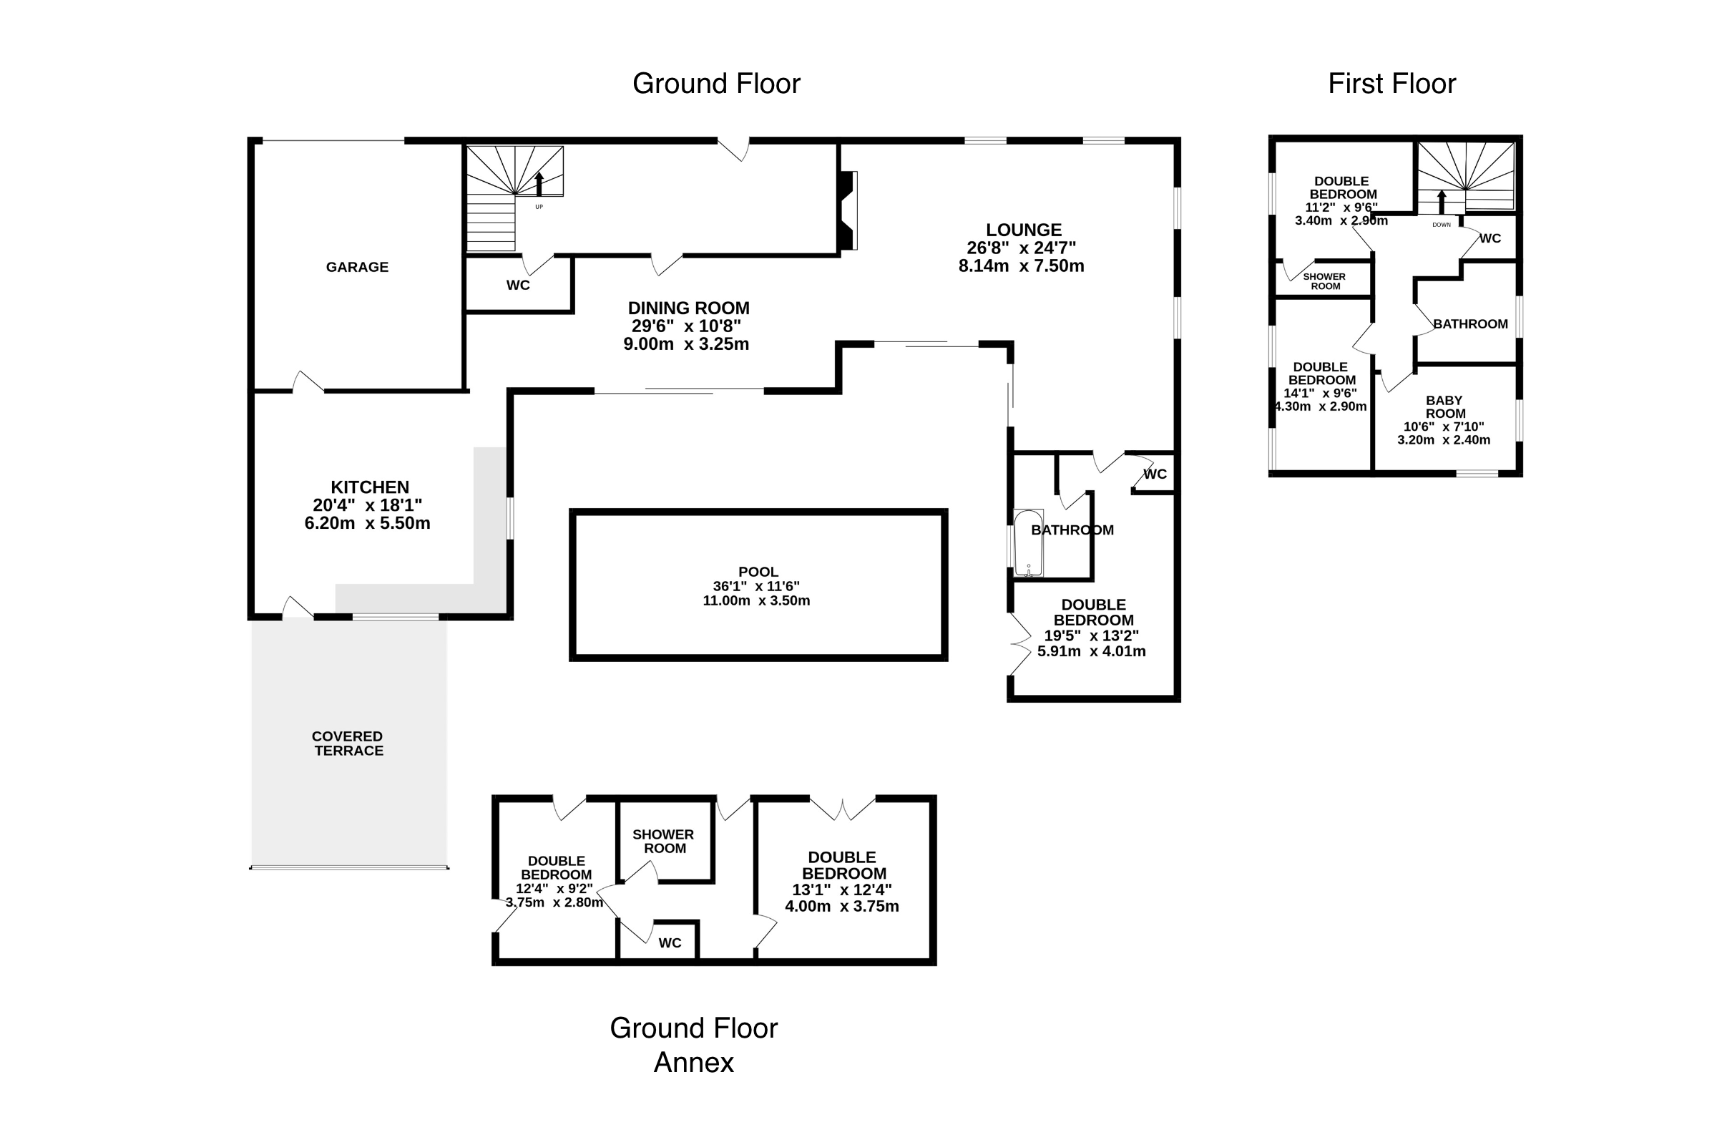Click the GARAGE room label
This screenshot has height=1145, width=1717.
[x=357, y=267]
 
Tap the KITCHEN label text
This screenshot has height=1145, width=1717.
[x=369, y=487]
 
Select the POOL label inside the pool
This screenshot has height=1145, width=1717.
[x=758, y=572]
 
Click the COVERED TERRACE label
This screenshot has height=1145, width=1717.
[x=348, y=744]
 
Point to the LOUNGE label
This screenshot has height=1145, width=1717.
[x=1024, y=230]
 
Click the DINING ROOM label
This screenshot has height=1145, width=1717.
[x=688, y=308]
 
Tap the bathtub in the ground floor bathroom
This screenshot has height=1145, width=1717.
[x=1029, y=543]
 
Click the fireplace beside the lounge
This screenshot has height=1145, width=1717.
[x=848, y=210]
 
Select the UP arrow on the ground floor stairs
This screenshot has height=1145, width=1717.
[x=539, y=184]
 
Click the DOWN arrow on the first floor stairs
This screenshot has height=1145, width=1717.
[x=1442, y=202]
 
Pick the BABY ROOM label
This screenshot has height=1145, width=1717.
[x=1444, y=406]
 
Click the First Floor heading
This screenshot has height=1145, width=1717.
[x=1391, y=84]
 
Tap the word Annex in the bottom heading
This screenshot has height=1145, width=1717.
[x=693, y=1063]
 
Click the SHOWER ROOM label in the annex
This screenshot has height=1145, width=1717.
[x=664, y=842]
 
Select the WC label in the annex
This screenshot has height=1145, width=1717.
[x=670, y=942]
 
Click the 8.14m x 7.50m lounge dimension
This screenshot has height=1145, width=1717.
[x=1021, y=265]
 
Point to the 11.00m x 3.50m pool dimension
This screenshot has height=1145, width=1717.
[x=756, y=601]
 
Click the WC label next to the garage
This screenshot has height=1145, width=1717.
[x=517, y=285]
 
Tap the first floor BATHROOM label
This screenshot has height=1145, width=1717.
[x=1470, y=324]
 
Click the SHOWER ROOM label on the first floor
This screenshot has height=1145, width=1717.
[x=1324, y=281]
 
